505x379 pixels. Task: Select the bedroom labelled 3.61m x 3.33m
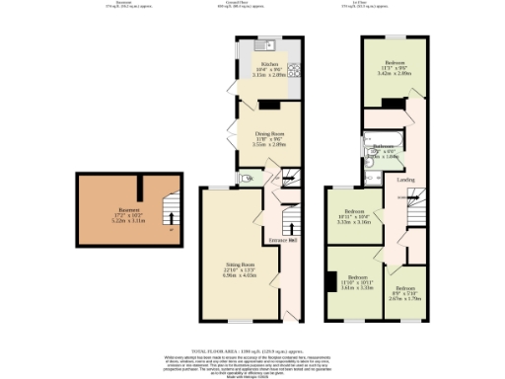point(354,284)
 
